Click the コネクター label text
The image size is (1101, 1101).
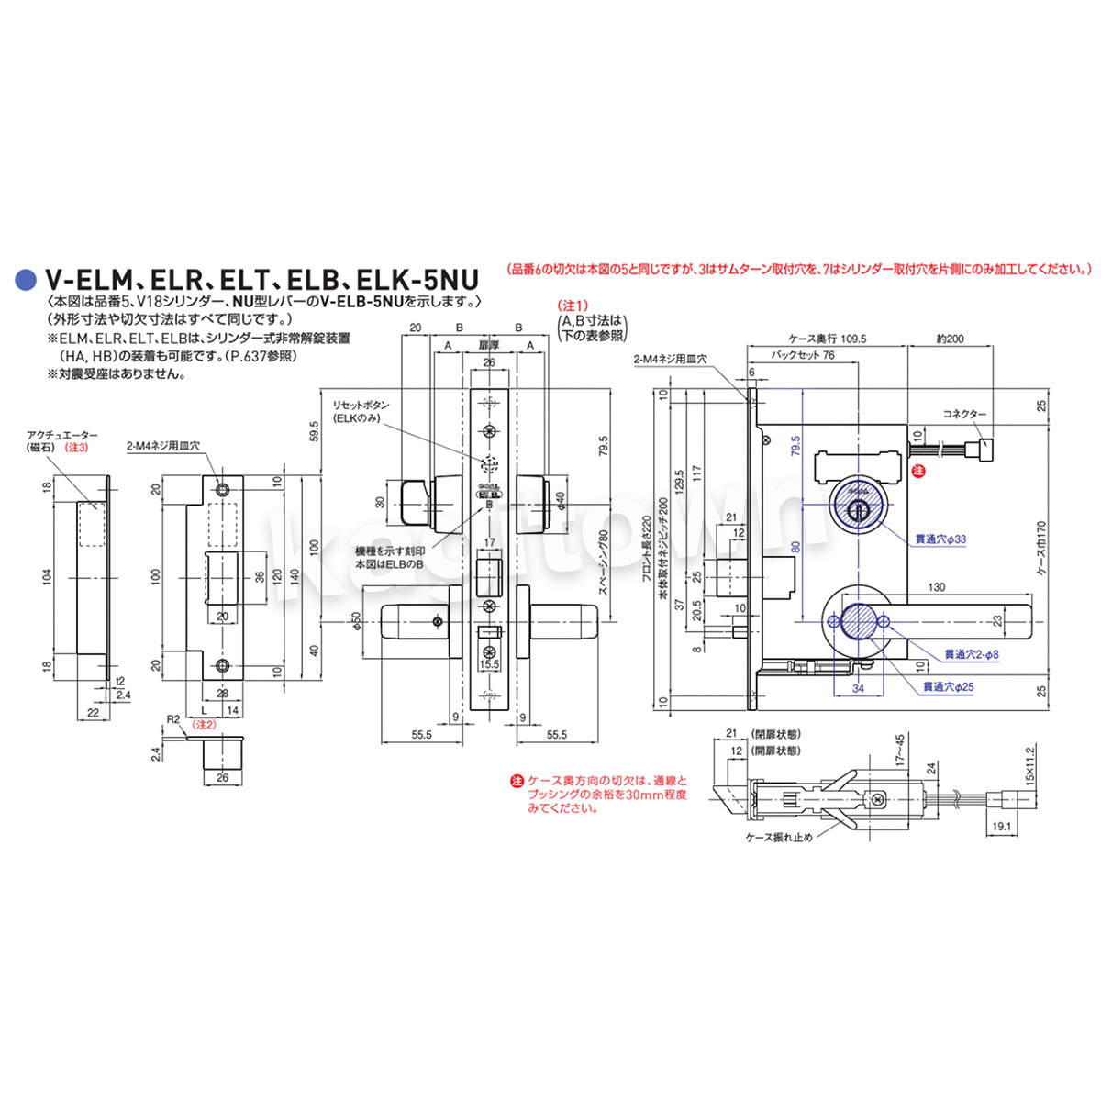click(x=964, y=415)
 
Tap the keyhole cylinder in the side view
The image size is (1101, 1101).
click(x=855, y=507)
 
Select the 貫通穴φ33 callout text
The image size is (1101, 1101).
click(x=940, y=540)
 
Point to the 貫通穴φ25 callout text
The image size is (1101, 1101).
click(x=948, y=686)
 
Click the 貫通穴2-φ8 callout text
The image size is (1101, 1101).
click(x=971, y=654)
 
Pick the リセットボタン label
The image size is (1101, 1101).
click(x=361, y=405)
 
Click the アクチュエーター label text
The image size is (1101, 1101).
click(x=62, y=435)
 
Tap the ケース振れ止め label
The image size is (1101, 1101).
click(x=779, y=837)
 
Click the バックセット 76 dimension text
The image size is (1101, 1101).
click(x=803, y=355)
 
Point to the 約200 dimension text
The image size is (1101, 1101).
click(x=950, y=339)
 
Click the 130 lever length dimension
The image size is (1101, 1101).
click(x=936, y=587)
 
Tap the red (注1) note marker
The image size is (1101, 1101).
click(x=573, y=305)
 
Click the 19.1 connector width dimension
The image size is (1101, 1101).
click(x=1002, y=826)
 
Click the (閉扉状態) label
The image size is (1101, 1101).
click(x=776, y=734)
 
